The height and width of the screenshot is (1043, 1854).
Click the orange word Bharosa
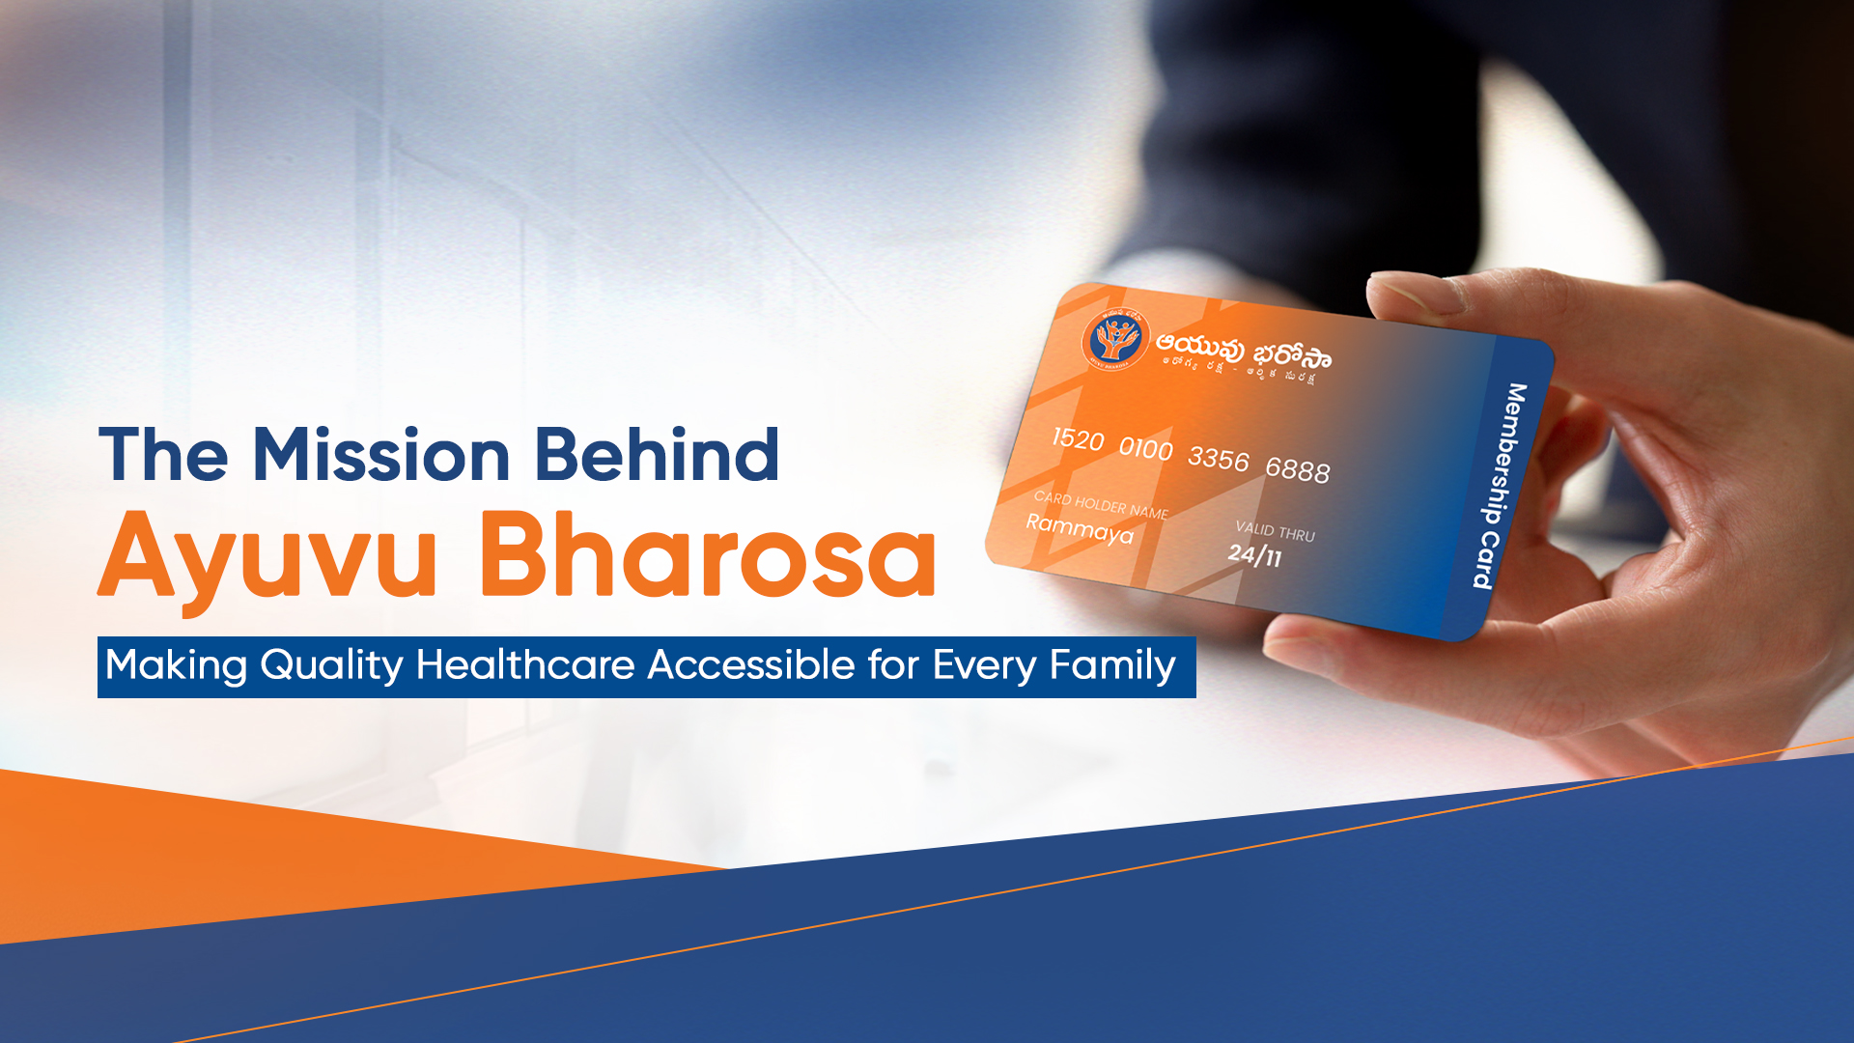pyautogui.click(x=708, y=555)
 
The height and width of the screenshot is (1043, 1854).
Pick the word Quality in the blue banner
pyautogui.click(x=331, y=665)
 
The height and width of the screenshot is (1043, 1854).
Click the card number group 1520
pyautogui.click(x=1078, y=439)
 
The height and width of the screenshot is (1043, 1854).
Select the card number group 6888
pyautogui.click(x=1297, y=469)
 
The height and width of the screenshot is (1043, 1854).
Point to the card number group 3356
pyautogui.click(x=1218, y=459)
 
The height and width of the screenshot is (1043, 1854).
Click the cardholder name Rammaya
pyautogui.click(x=1079, y=528)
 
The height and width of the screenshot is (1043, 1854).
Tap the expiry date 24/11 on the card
pyautogui.click(x=1254, y=555)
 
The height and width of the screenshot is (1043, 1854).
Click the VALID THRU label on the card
pyautogui.click(x=1275, y=531)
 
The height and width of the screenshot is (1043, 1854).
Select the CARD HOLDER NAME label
pyautogui.click(x=1101, y=504)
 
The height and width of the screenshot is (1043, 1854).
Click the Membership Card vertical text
pyautogui.click(x=1501, y=486)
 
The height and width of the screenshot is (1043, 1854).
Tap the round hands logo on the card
pyautogui.click(x=1113, y=340)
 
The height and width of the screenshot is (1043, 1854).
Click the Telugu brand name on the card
pyautogui.click(x=1244, y=352)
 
